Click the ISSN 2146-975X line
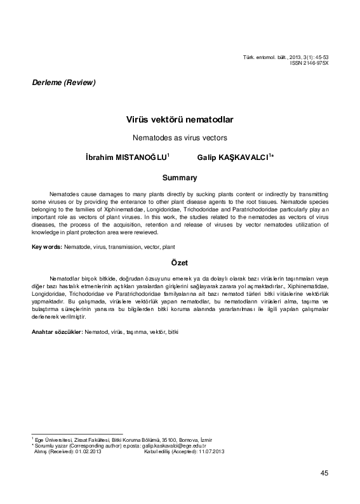click(x=312, y=63)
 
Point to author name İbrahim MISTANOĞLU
click(x=121, y=156)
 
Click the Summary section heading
click(x=180, y=177)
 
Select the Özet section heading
click(x=180, y=262)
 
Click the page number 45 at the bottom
click(x=324, y=473)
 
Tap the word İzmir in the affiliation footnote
click(x=206, y=440)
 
